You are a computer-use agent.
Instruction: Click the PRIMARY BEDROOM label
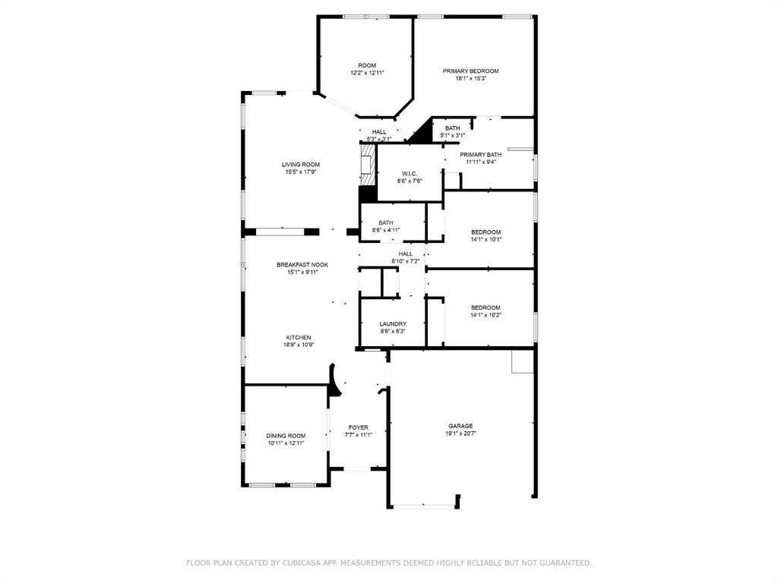pos(471,71)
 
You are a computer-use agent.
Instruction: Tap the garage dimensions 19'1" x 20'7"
pos(460,433)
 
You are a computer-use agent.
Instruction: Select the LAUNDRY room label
pos(393,324)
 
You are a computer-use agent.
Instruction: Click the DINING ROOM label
pos(286,436)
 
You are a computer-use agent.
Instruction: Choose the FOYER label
pos(358,427)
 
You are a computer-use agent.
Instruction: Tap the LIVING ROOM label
pos(301,165)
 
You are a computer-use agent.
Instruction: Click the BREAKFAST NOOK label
pos(302,265)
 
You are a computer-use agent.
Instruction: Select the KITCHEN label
pos(299,338)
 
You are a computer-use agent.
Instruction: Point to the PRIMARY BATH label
pos(481,154)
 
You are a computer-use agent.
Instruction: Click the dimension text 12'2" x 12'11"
pos(367,73)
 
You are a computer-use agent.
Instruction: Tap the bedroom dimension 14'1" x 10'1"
pos(486,239)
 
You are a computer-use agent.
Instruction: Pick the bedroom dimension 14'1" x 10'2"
pos(485,315)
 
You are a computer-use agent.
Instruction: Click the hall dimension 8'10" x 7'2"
pos(406,261)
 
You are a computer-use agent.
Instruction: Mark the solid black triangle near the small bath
pos(420,134)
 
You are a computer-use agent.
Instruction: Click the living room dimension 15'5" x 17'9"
pos(301,172)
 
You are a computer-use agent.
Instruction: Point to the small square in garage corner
pos(522,362)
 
